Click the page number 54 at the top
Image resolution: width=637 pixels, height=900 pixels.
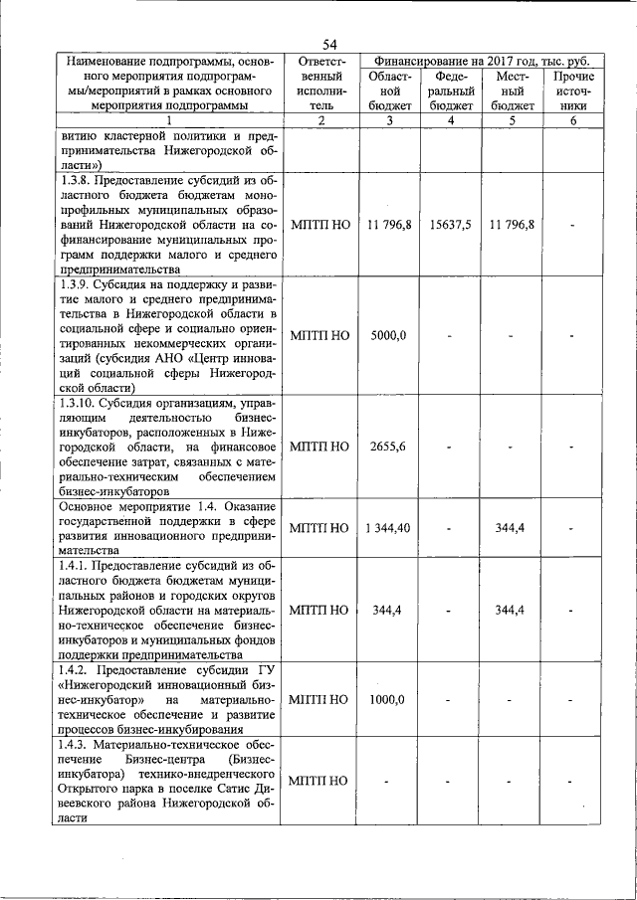(x=329, y=43)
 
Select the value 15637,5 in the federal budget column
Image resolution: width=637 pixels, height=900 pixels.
(x=450, y=225)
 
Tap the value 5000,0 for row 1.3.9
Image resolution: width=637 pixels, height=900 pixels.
(x=387, y=335)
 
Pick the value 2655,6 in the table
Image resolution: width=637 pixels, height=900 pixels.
(x=387, y=446)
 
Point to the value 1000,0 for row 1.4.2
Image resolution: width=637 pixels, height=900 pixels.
(x=387, y=699)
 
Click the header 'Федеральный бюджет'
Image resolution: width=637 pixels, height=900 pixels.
(x=450, y=90)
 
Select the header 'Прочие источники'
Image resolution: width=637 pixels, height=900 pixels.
(x=573, y=90)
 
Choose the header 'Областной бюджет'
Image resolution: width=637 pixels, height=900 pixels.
(x=387, y=90)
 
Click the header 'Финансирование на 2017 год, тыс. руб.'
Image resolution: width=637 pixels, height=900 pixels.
(x=479, y=61)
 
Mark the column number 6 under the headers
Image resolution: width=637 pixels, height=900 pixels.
(x=573, y=120)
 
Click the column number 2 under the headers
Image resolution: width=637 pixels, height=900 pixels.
(x=319, y=120)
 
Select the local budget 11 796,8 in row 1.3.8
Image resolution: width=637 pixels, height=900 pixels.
(x=512, y=225)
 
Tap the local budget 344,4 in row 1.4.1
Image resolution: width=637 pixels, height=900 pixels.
(x=511, y=610)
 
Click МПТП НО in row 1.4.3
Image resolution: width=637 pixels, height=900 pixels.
(x=319, y=781)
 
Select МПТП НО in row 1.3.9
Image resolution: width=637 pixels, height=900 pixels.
(x=319, y=335)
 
